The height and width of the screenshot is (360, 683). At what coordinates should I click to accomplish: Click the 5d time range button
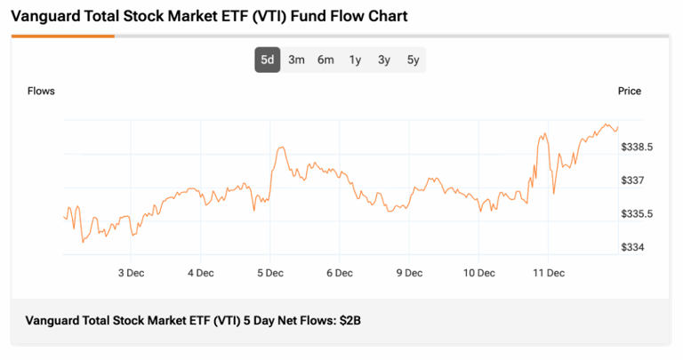click(268, 60)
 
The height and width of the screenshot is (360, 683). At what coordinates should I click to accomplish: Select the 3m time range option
click(297, 60)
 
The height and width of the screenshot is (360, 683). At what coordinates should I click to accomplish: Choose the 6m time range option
click(326, 60)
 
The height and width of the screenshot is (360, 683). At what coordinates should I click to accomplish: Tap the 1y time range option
click(355, 60)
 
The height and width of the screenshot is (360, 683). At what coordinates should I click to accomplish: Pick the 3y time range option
click(383, 60)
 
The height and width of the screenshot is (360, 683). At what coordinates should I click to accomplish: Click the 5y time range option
click(413, 60)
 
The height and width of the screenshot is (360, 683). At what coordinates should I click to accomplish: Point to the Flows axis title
click(41, 92)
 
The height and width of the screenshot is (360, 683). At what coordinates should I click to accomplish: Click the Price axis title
click(630, 92)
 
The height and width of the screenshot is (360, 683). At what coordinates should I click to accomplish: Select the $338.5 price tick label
click(638, 147)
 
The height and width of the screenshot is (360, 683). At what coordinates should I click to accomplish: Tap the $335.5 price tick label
click(638, 214)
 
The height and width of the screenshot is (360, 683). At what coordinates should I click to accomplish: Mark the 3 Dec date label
click(131, 273)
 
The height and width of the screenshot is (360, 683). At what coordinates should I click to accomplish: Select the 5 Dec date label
click(269, 273)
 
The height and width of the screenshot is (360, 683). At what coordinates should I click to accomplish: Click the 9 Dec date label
click(409, 273)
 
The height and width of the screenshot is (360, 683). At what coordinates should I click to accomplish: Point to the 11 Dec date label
click(549, 273)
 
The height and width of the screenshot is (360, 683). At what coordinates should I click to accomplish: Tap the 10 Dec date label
click(478, 273)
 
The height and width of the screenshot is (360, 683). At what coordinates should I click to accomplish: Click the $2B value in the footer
click(350, 320)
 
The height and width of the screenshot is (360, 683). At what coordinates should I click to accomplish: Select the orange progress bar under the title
click(62, 36)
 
